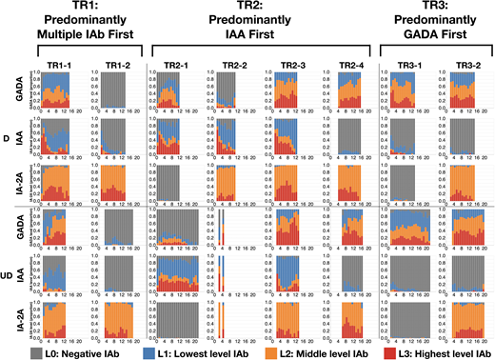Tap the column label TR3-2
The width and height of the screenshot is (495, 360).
pyautogui.click(x=465, y=64)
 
